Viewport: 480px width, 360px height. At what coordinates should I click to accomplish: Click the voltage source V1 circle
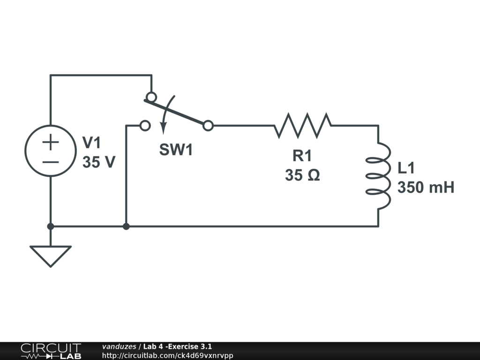pos(50,151)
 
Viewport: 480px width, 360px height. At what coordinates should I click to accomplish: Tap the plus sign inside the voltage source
pos(50,142)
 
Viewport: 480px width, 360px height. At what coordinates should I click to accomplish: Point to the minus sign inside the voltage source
pos(50,162)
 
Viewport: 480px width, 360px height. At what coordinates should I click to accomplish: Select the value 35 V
pos(98,162)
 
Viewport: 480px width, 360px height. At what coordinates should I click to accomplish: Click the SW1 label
pos(176,150)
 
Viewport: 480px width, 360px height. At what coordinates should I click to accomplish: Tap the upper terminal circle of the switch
pos(151,97)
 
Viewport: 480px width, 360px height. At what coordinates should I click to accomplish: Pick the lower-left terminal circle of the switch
pos(145,126)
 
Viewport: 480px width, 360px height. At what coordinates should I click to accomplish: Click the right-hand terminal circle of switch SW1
pos(208,126)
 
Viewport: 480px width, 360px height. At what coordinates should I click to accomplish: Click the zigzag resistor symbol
pos(302,125)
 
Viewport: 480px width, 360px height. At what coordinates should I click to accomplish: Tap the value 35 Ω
pos(302,175)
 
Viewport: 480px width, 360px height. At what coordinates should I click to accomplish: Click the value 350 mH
pos(426,187)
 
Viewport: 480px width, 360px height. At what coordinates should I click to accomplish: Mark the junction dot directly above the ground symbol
pos(50,227)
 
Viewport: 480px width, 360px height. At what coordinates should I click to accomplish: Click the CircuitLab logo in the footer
pos(50,351)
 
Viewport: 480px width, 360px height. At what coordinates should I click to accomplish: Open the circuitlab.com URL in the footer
pos(167,355)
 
